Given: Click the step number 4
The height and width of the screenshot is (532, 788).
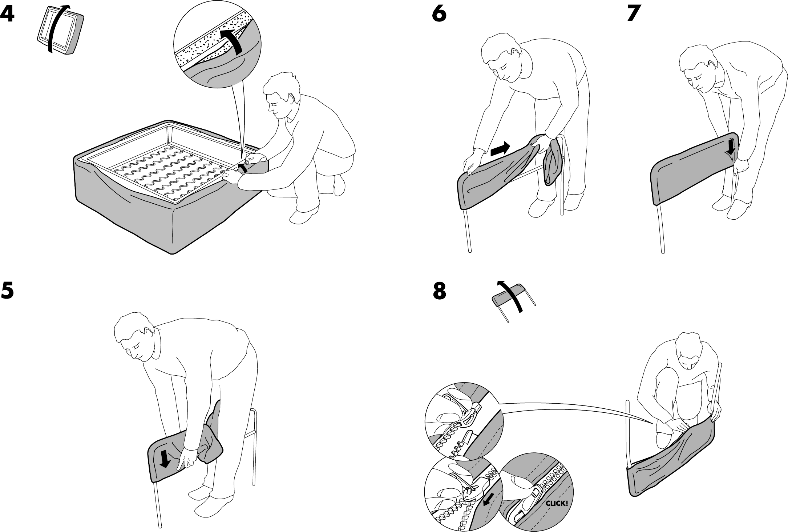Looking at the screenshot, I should coord(8,15).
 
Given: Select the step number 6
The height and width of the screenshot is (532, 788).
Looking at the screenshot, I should coord(440,15).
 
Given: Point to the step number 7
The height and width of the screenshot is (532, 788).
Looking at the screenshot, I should coord(634,15).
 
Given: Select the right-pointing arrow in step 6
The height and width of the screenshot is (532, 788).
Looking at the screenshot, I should coord(500,149).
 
